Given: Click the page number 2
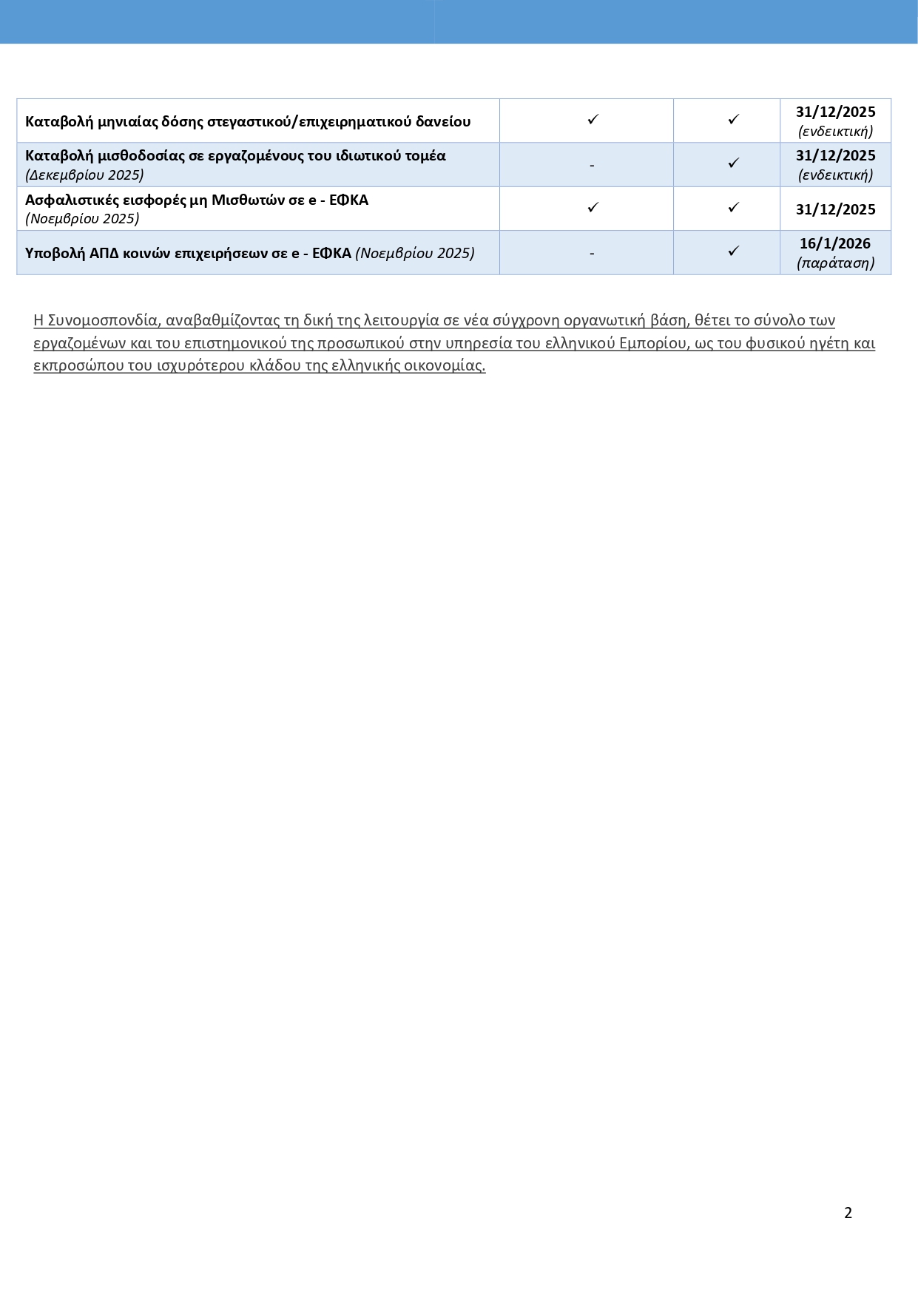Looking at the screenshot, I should [848, 1213].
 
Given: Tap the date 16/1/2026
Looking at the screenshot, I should [835, 243].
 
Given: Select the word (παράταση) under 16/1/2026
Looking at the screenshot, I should [835, 263].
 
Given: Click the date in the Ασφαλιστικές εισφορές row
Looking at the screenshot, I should [835, 209].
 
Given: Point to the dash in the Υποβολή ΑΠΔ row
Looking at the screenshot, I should [592, 254].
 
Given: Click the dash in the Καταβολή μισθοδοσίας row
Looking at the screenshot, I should [592, 166].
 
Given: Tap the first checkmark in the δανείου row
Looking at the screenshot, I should [593, 119].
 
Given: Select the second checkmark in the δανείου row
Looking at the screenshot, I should [733, 119].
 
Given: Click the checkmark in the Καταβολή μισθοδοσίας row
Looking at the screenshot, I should [733, 163].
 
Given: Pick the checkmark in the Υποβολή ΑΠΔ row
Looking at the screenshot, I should [733, 251].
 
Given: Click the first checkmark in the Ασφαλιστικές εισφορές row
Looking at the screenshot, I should [593, 208].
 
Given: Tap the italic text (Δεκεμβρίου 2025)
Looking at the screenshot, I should [84, 175].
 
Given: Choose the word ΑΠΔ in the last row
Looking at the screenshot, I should [104, 253].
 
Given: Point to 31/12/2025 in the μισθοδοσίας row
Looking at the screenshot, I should [835, 156].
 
